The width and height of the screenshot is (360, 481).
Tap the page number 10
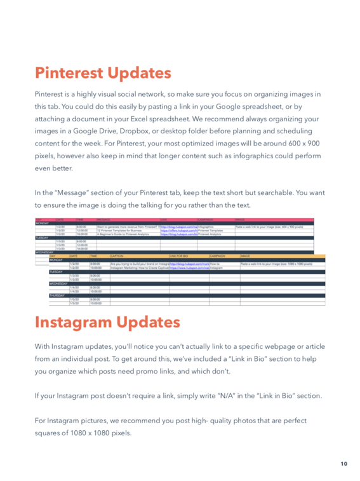point(343,464)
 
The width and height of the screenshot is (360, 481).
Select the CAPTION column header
point(117,255)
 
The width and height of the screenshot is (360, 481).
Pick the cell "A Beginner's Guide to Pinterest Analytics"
point(127,234)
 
